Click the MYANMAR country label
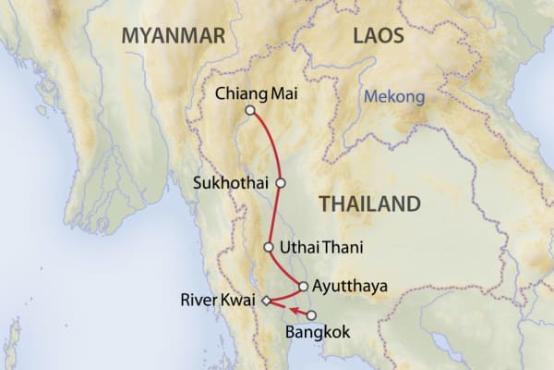pyautogui.click(x=174, y=36)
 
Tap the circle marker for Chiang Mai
pyautogui.click(x=249, y=111)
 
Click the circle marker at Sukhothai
pyautogui.click(x=281, y=182)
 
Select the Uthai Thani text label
pyautogui.click(x=321, y=248)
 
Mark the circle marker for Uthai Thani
pyautogui.click(x=269, y=248)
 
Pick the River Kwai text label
pyautogui.click(x=220, y=300)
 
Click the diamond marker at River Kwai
pyautogui.click(x=266, y=301)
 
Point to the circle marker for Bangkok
pyautogui.click(x=310, y=315)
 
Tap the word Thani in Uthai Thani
pyautogui.click(x=342, y=248)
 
